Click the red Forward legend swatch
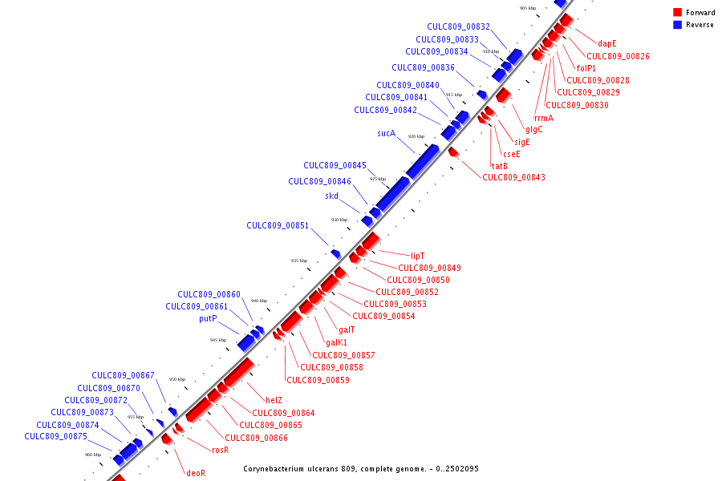[x=677, y=12]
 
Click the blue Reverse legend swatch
[x=677, y=25]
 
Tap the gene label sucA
[x=387, y=133]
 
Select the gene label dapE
[x=606, y=43]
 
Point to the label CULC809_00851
[x=278, y=226]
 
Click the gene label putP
[x=208, y=318]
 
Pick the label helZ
[x=274, y=400]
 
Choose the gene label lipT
[x=417, y=256]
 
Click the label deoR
[x=196, y=473]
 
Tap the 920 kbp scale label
[x=416, y=136]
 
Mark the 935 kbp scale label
[x=299, y=261]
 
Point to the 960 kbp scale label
[x=93, y=455]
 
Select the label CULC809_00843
[x=513, y=177]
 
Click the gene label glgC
[x=533, y=129]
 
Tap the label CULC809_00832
[x=458, y=26]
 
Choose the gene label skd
[x=331, y=196]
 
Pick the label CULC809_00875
[x=55, y=437]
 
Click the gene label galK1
[x=336, y=342]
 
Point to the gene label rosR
[x=220, y=450]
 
